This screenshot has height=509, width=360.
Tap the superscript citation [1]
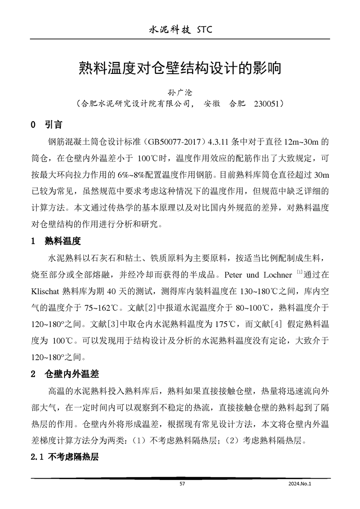299,273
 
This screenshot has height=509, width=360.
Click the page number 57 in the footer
182,484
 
